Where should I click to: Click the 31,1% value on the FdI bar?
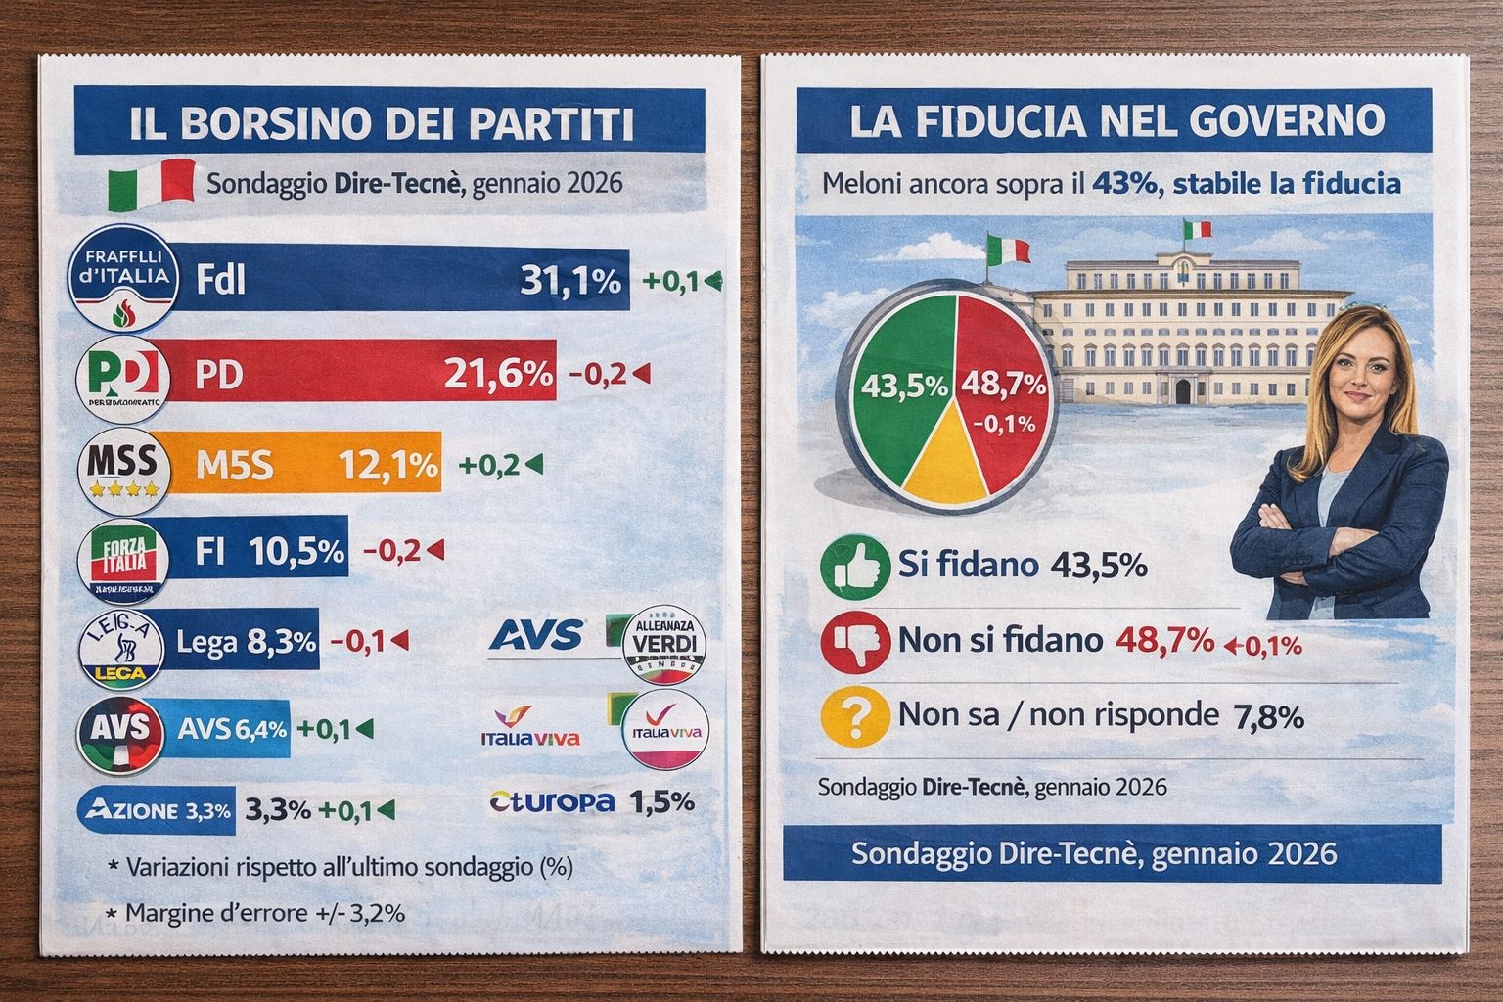click(x=570, y=282)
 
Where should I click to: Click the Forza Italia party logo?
click(x=123, y=559)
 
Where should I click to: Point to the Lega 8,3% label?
click(x=247, y=642)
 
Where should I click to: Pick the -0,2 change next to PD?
click(x=598, y=374)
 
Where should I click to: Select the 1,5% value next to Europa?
click(x=661, y=802)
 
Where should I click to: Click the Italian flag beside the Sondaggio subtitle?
click(x=151, y=184)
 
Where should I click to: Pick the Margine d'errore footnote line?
click(x=254, y=914)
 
